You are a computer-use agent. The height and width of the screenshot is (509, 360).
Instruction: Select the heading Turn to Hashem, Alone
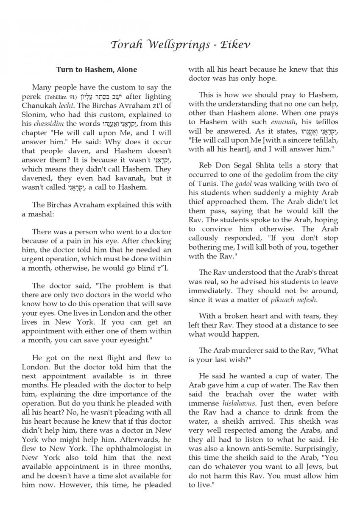click(97, 69)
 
